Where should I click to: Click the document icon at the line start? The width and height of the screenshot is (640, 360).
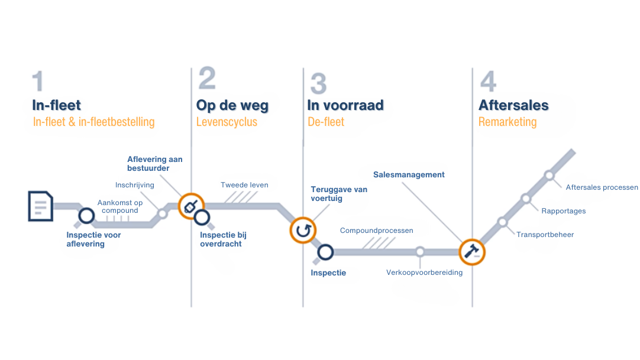[x=40, y=206]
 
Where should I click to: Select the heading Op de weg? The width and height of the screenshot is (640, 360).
[x=232, y=106]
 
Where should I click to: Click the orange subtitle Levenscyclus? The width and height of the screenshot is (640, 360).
[x=227, y=122]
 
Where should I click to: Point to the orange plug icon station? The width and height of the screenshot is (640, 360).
[x=191, y=206]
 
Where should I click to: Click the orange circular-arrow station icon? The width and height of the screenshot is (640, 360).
[x=302, y=230]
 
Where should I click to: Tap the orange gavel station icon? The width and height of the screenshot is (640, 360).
[x=472, y=252]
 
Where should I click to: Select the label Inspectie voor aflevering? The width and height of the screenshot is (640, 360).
[x=93, y=239]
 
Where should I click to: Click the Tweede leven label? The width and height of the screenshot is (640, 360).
[x=244, y=185]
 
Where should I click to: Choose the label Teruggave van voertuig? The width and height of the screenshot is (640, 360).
[x=339, y=194]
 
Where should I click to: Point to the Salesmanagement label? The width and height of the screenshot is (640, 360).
[x=409, y=174]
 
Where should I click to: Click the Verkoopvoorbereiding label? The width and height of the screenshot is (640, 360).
[x=424, y=273]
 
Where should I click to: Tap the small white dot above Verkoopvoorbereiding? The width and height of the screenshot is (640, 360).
[x=420, y=252]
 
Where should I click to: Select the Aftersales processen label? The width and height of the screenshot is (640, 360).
[x=602, y=187]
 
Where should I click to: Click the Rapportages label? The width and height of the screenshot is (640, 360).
[x=563, y=211]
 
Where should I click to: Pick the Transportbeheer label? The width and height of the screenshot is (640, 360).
[x=545, y=235]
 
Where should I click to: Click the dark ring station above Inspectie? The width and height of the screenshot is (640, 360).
[x=325, y=252]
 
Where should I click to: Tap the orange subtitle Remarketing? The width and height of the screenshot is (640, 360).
[x=507, y=122]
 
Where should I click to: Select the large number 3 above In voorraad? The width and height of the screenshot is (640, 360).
[x=318, y=83]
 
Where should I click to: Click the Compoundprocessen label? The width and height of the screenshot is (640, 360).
[x=376, y=231]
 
